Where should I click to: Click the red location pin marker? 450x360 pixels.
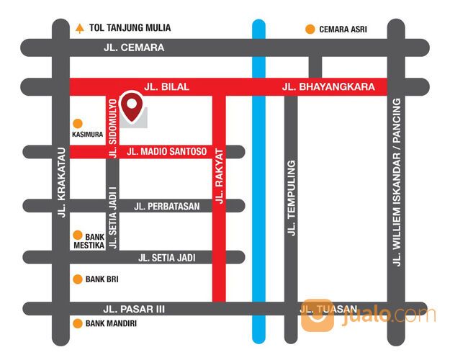click(132, 106)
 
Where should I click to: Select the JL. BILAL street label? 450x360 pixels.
click(166, 86)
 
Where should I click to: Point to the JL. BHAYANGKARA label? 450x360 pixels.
click(328, 86)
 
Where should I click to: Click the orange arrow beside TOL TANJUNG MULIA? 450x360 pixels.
click(79, 29)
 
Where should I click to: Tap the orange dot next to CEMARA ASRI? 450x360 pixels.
click(310, 29)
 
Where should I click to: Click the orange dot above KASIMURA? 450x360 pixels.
click(77, 122)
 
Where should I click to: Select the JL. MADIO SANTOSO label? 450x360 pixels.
click(166, 152)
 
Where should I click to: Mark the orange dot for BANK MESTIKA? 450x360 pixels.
click(77, 235)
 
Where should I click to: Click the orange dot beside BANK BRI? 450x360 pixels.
click(77, 279)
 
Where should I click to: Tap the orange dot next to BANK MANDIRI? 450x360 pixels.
click(77, 323)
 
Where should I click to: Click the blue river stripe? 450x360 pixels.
click(259, 216)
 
